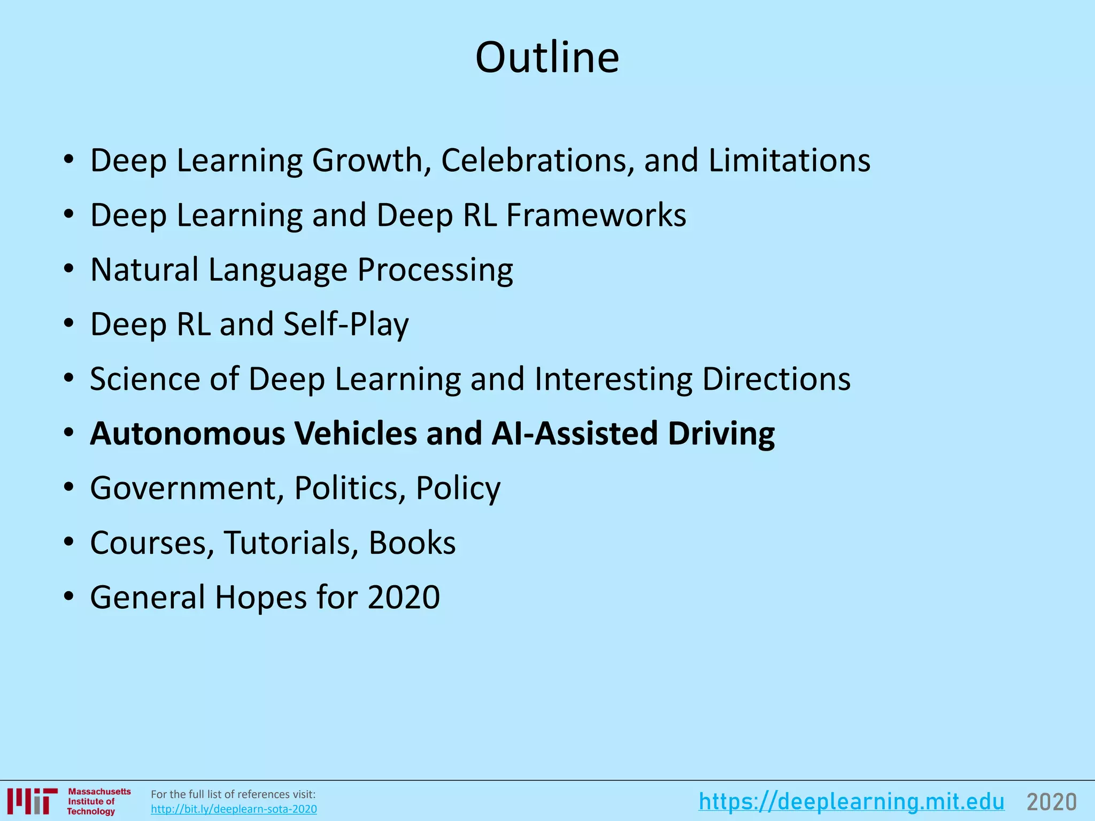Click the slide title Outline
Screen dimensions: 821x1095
click(x=547, y=57)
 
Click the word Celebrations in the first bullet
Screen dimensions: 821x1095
click(x=538, y=160)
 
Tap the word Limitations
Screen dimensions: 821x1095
click(x=789, y=160)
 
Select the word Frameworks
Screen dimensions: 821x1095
click(x=596, y=215)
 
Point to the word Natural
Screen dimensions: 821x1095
click(x=144, y=269)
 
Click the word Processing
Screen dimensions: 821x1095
click(x=435, y=270)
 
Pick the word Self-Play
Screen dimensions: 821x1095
click(x=346, y=324)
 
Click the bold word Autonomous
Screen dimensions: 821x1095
click(x=188, y=433)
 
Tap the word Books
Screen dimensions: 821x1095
click(x=412, y=543)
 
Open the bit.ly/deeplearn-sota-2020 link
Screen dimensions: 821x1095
click(x=234, y=809)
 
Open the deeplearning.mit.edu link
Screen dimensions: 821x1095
click(x=851, y=802)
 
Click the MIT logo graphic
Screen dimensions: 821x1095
click(x=33, y=802)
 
